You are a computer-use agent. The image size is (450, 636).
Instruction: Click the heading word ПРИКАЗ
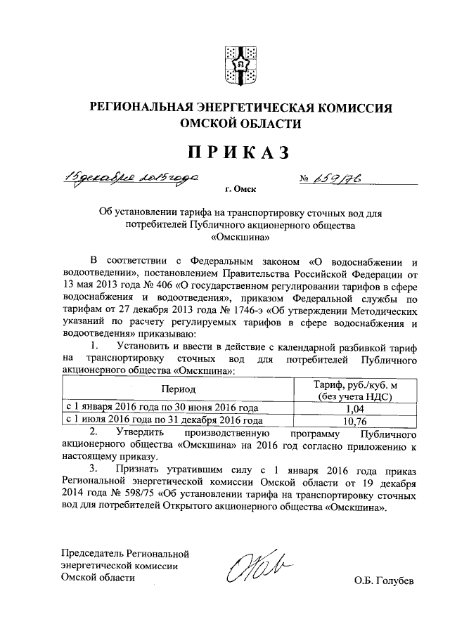tap(238, 151)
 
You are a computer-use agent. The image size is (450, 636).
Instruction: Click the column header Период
tap(177, 389)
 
